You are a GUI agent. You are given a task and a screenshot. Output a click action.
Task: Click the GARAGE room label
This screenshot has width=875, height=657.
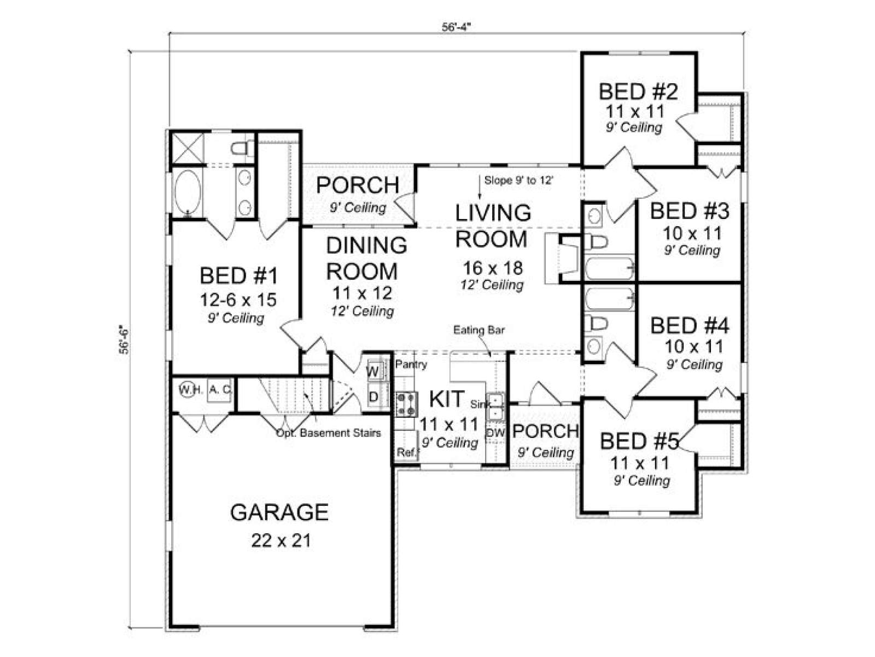279,512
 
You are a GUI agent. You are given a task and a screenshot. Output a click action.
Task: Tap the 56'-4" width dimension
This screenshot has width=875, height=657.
456,27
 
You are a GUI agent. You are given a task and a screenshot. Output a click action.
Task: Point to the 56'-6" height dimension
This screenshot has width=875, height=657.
124,339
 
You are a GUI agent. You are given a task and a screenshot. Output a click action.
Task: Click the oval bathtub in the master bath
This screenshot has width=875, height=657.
188,192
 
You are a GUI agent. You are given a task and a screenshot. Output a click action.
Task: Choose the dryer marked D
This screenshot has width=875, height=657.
374,396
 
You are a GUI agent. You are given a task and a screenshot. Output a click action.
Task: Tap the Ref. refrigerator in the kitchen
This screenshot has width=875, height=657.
406,452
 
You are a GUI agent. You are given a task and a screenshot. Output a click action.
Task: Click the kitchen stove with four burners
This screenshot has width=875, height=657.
407,405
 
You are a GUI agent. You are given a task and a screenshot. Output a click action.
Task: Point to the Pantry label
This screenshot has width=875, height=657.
411,364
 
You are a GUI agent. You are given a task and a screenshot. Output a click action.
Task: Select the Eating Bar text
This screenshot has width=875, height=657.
479,330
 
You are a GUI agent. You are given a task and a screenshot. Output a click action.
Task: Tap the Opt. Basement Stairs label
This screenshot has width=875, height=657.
329,433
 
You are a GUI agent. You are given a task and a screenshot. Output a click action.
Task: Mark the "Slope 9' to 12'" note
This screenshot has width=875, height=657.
518,180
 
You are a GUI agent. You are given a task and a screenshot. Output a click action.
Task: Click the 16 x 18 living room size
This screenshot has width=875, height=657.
492,268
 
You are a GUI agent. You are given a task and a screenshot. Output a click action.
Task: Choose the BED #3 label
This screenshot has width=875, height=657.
689,211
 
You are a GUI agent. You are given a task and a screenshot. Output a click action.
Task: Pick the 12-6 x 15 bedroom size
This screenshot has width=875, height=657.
238,299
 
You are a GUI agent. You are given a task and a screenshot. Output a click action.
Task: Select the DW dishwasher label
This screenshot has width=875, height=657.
495,433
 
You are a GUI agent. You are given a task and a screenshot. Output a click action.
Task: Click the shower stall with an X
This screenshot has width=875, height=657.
188,148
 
